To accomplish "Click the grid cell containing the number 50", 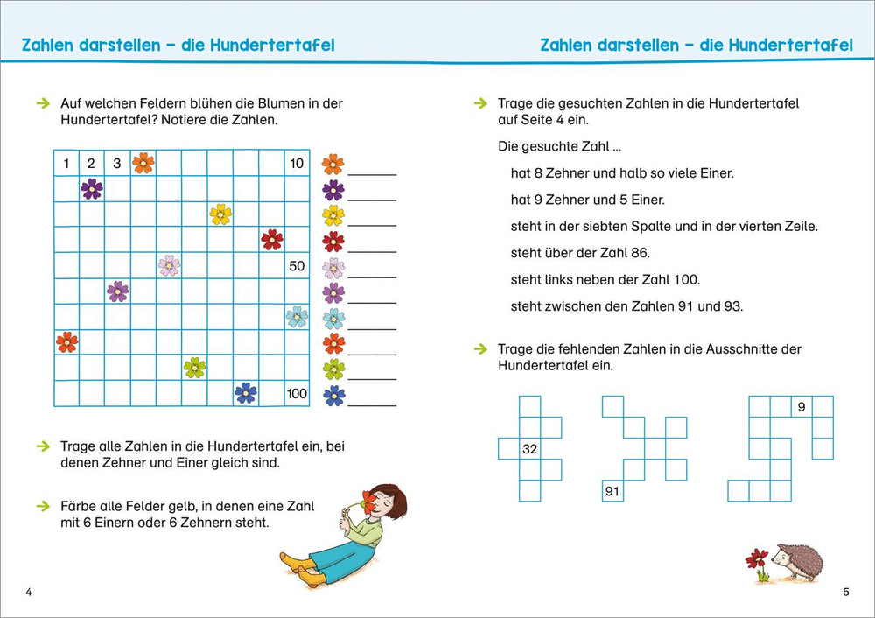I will coord(297,265).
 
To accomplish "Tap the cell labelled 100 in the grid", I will coord(297,394).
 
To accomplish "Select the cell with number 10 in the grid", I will coord(297,163).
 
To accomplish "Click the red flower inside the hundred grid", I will coord(271,240).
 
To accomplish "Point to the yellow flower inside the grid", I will coord(220,214).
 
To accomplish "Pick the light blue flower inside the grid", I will coord(297,317).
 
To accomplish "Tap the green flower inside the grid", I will coord(194,368).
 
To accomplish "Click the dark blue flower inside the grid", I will coord(246,394).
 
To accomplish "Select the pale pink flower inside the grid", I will coord(169,265).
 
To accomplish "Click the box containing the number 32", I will coord(529,449).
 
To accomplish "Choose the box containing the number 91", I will coord(612,491).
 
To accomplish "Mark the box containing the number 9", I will coord(801,407).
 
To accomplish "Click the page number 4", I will coord(29,593).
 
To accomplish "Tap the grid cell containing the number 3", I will coord(117,163).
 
